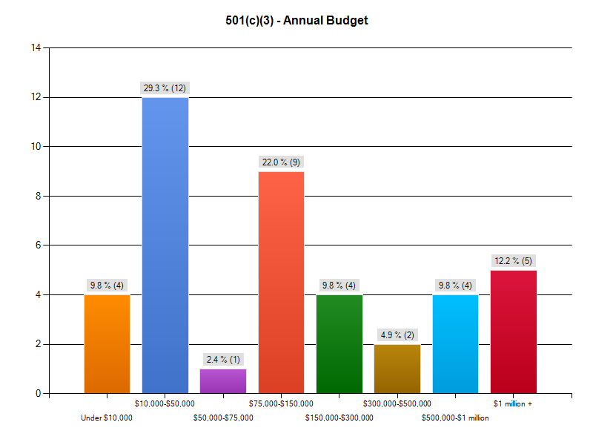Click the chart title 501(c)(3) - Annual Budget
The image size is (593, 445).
point(296,21)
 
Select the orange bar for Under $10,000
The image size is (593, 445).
point(107,344)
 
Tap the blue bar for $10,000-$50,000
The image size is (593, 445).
point(165,245)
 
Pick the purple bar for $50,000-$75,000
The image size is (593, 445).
point(222,381)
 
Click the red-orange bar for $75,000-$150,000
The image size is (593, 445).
point(281,283)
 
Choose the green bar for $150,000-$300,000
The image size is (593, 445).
point(339,344)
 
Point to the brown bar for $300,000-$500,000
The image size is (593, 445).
point(397,369)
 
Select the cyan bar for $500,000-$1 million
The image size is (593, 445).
point(455,344)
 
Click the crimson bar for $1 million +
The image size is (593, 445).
point(513,332)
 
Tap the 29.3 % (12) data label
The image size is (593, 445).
point(165,88)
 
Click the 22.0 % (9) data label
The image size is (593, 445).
point(281,162)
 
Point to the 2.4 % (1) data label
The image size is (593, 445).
point(222,360)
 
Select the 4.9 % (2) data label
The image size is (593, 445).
point(397,335)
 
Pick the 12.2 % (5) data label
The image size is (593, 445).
point(513,261)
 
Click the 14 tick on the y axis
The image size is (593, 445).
point(36,48)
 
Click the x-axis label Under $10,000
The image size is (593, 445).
point(107,418)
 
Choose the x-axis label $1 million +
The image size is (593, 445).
point(513,404)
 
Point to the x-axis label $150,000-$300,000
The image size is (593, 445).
point(339,418)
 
